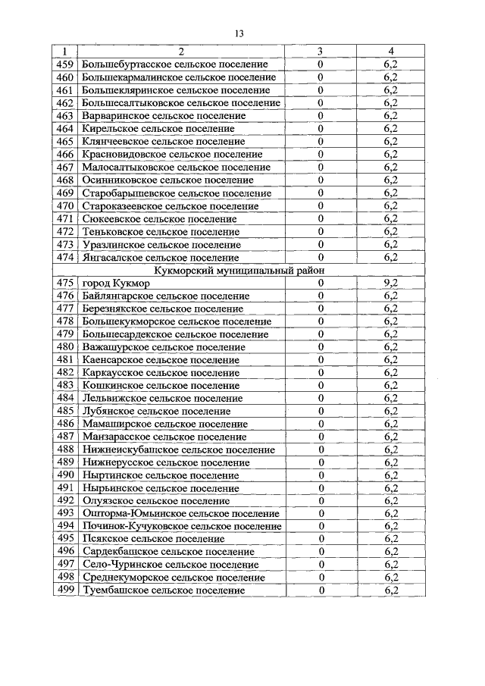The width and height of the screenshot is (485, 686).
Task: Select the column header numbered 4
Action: [x=390, y=52]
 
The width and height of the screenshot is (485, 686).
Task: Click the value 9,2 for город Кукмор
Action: [x=390, y=283]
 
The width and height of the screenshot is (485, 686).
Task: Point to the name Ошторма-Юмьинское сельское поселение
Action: [x=181, y=513]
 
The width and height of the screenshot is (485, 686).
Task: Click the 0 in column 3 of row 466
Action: [x=321, y=155]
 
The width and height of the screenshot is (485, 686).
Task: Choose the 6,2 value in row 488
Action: [x=390, y=450]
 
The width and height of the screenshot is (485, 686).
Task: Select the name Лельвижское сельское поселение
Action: [x=161, y=398]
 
